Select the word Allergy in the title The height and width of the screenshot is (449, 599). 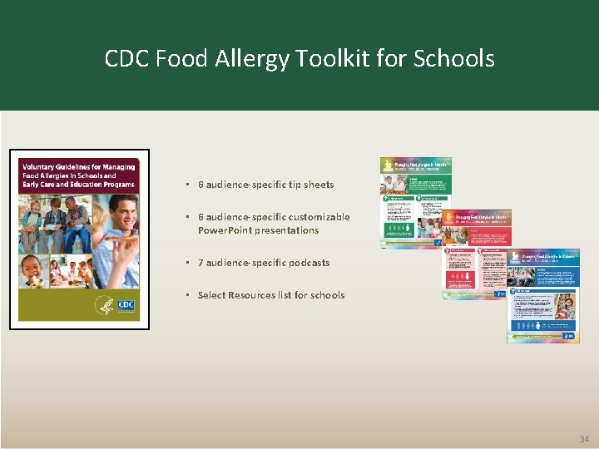tap(261, 59)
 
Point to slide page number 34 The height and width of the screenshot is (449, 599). tap(583, 438)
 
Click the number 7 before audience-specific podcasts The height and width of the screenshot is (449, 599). tap(200, 263)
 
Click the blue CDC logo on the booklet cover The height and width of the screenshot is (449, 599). tap(126, 306)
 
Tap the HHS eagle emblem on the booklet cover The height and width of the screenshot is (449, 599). tap(104, 305)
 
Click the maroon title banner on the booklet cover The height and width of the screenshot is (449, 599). tap(79, 176)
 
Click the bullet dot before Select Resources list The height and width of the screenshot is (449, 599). tap(189, 295)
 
